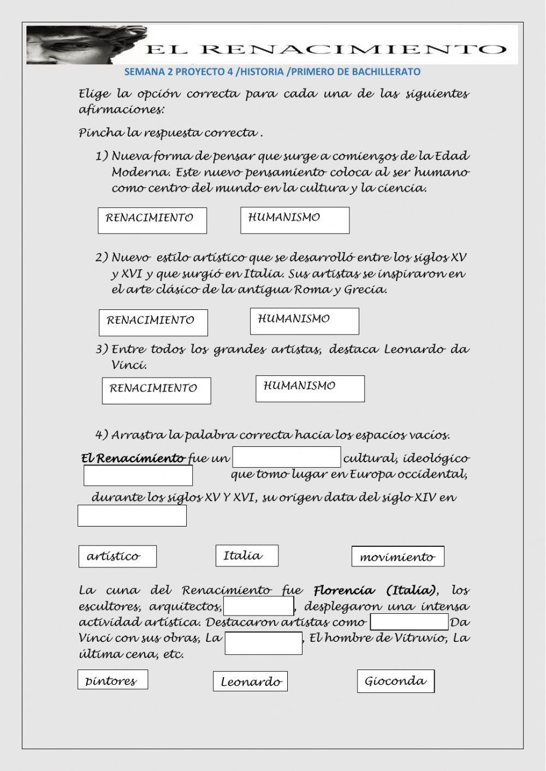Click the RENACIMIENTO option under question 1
(x=152, y=220)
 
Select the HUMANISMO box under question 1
(x=295, y=220)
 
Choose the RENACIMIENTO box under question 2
(x=153, y=322)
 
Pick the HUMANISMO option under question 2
(x=305, y=321)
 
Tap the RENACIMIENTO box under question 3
(x=156, y=391)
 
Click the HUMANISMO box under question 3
(x=310, y=389)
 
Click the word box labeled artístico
(x=117, y=557)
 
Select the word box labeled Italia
(x=247, y=555)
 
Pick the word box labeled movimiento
(x=397, y=557)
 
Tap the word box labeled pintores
(x=112, y=680)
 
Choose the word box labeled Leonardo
(x=250, y=682)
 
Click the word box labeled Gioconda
(x=396, y=681)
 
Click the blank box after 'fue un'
(x=287, y=457)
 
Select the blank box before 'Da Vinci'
(x=410, y=622)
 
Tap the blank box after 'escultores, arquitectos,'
(x=259, y=606)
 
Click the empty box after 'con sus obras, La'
(x=264, y=643)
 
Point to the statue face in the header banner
(x=82, y=45)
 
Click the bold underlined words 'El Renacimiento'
(x=133, y=458)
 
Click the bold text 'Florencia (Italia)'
(x=375, y=590)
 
